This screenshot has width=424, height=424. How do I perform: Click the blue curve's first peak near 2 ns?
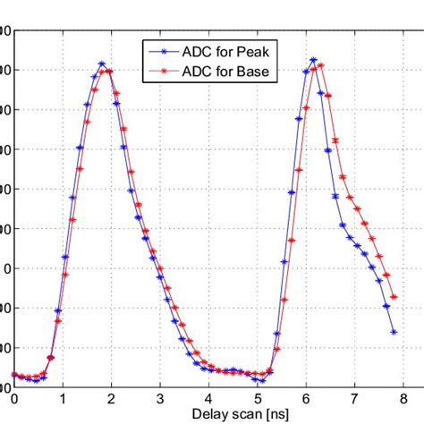(x=101, y=64)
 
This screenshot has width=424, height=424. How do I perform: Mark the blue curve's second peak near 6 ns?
(x=313, y=60)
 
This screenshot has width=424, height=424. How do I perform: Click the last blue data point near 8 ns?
(x=394, y=332)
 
